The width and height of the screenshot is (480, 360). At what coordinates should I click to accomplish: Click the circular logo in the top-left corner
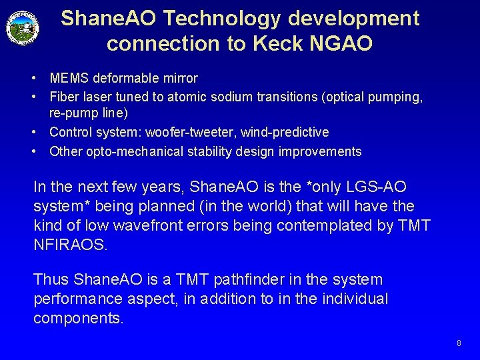pyautogui.click(x=23, y=28)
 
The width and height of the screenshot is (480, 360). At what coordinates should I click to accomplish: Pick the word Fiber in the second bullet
pyautogui.click(x=63, y=97)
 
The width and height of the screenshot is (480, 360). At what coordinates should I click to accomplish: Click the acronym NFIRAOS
pyautogui.click(x=69, y=245)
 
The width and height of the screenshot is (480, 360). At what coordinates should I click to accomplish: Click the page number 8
pyautogui.click(x=459, y=343)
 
